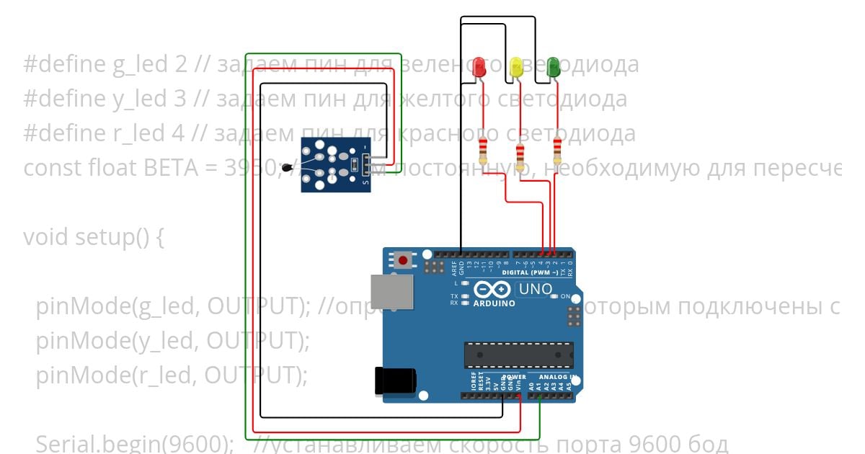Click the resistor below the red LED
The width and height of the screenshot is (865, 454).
tap(483, 152)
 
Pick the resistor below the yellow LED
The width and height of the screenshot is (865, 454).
tap(520, 152)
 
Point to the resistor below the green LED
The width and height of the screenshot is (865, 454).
tap(556, 152)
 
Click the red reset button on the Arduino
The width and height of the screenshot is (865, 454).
tap(403, 259)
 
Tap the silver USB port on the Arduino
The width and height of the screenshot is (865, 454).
tap(393, 291)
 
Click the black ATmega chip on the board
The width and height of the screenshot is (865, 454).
tap(519, 355)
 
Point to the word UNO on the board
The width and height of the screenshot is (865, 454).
tap(536, 290)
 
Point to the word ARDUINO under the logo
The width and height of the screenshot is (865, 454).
tap(494, 303)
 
